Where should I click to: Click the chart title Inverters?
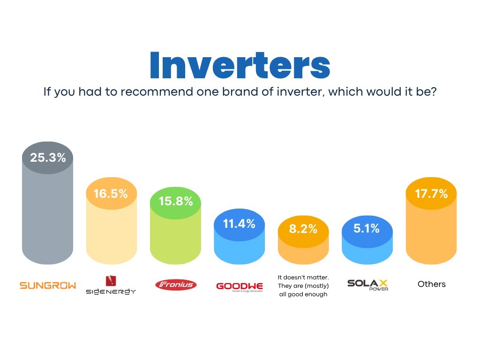(240, 65)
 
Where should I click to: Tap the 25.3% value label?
(48, 157)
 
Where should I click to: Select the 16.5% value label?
(111, 194)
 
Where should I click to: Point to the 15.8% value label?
(176, 201)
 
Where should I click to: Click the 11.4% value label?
(239, 224)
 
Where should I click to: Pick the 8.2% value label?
(303, 229)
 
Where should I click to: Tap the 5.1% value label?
(367, 228)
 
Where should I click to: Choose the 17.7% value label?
(431, 194)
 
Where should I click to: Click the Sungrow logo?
(48, 285)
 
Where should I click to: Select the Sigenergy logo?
(111, 285)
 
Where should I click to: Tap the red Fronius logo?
(176, 285)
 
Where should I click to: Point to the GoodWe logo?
(240, 287)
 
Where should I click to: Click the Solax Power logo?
(368, 285)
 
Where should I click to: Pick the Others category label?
(432, 284)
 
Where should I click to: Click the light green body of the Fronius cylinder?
(175, 239)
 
